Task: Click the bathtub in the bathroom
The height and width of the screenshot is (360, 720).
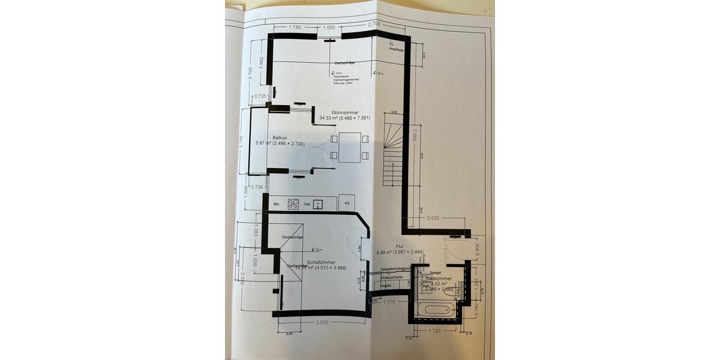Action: [434, 310]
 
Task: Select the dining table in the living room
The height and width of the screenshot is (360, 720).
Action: [349, 147]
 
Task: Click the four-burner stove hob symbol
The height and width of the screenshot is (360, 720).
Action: [293, 204]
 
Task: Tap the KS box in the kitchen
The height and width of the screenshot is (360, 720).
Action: [347, 203]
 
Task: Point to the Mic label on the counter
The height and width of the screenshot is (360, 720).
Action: [276, 205]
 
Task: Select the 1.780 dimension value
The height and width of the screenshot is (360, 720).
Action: [294, 27]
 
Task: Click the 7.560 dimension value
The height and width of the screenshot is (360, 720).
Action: [415, 136]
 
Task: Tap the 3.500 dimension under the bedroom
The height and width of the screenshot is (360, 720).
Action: [322, 322]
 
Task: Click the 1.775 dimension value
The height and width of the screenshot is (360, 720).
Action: [388, 302]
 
